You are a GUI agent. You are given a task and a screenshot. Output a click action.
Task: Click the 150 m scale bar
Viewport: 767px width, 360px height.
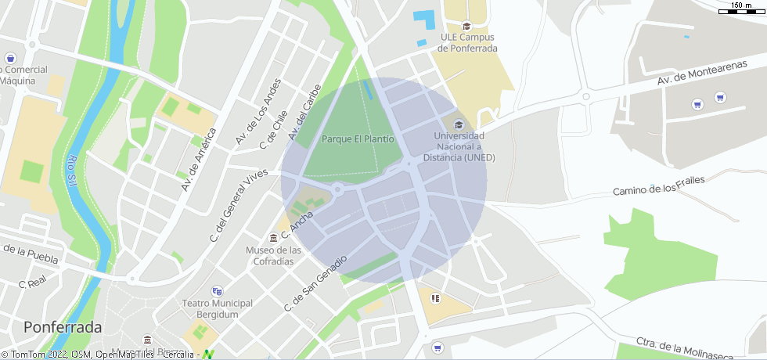[x=740, y=8]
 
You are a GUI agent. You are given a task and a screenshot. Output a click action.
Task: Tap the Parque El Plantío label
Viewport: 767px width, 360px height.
[x=358, y=139]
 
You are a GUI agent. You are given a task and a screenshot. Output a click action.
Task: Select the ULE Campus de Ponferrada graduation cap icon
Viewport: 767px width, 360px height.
[x=467, y=26]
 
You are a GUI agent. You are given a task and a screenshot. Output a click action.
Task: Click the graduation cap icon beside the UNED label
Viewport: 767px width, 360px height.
[x=459, y=124]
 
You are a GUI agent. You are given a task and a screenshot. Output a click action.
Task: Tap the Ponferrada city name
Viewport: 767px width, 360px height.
[x=63, y=326]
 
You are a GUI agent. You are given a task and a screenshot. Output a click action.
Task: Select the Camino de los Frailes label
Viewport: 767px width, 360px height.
[x=658, y=185]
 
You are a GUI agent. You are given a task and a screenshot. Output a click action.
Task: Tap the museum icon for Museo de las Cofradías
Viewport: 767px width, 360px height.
[x=273, y=236]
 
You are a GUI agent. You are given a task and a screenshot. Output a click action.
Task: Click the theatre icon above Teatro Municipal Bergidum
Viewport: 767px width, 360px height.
[x=217, y=290]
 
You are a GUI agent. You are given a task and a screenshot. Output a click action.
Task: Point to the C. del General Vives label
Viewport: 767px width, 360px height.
[x=233, y=205]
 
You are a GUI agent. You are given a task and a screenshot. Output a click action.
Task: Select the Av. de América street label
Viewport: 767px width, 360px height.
[x=197, y=159]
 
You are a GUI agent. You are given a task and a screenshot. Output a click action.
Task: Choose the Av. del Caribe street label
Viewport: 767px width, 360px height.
[x=304, y=113]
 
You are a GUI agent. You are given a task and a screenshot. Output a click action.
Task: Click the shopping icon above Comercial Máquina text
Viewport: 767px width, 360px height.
[x=10, y=58]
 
